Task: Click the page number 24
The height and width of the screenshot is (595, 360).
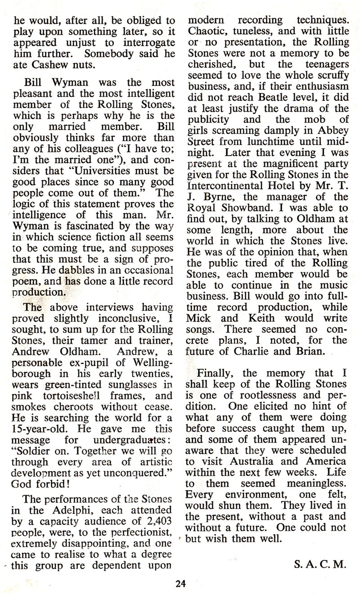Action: (x=181, y=585)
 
